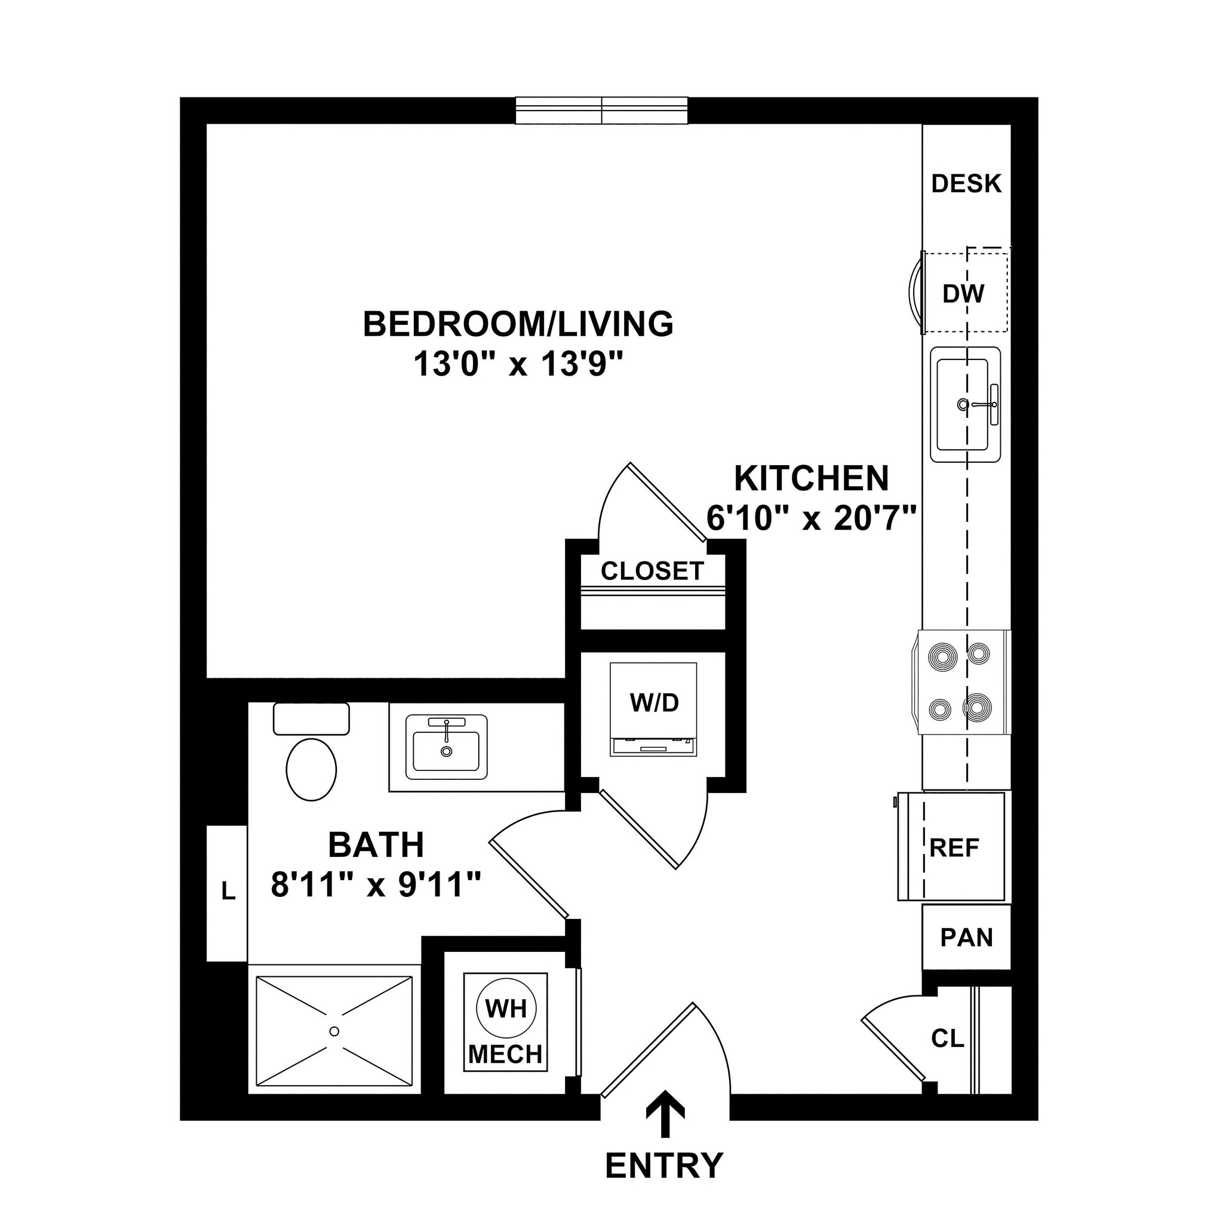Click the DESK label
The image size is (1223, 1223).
click(x=966, y=183)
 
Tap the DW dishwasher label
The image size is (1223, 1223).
click(x=963, y=293)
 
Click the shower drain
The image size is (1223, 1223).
click(x=334, y=1031)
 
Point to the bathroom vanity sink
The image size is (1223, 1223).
click(x=446, y=750)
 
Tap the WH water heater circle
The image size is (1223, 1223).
click(x=506, y=1009)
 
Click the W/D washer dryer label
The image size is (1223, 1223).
click(x=654, y=702)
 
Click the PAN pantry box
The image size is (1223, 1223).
click(x=966, y=938)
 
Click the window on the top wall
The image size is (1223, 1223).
click(x=601, y=111)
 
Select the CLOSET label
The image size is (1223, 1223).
click(x=652, y=571)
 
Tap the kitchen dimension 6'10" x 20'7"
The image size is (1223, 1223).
click(x=812, y=519)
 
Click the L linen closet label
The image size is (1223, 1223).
click(x=228, y=892)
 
